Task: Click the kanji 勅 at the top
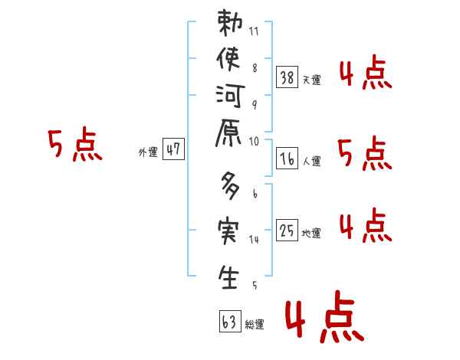point(230,25)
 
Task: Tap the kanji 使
point(230,61)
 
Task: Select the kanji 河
point(230,100)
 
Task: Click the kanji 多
point(230,187)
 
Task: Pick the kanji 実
point(230,231)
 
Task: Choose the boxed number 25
point(287,230)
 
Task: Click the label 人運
point(311,162)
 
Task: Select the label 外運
point(148,153)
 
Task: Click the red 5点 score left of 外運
point(74,146)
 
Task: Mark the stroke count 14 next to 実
point(254,239)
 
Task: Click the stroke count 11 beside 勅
point(254,32)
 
